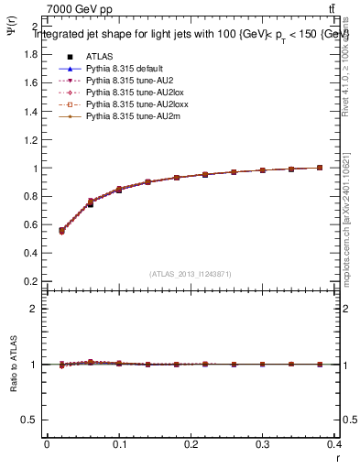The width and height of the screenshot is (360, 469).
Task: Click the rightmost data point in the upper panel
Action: tap(319, 168)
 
